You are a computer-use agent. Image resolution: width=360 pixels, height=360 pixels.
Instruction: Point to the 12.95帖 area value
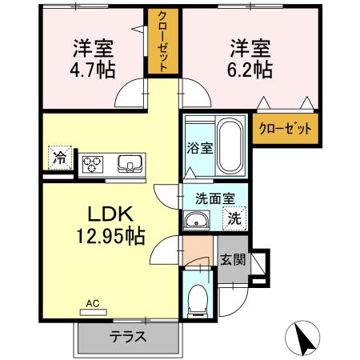pos(115,237)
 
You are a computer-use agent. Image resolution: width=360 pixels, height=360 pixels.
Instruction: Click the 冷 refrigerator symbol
pos(58,157)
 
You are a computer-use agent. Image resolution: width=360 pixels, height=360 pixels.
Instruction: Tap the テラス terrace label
pos(127,336)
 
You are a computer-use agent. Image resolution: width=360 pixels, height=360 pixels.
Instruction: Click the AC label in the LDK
pos(92,304)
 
